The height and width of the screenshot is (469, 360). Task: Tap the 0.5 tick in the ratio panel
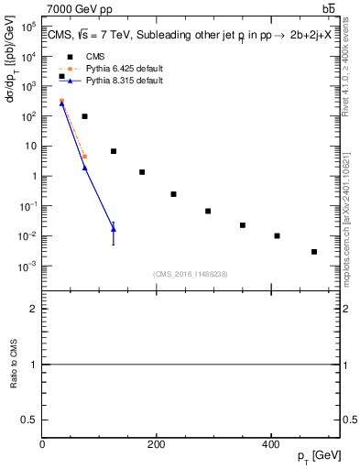click(32, 420)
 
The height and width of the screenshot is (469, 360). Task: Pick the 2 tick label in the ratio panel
click(34, 309)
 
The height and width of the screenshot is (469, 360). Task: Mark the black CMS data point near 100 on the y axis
click(84, 116)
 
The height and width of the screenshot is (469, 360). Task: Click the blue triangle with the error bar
click(114, 229)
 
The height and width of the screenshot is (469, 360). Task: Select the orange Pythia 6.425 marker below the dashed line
click(84, 157)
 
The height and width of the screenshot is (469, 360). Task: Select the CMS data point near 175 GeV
click(142, 172)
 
